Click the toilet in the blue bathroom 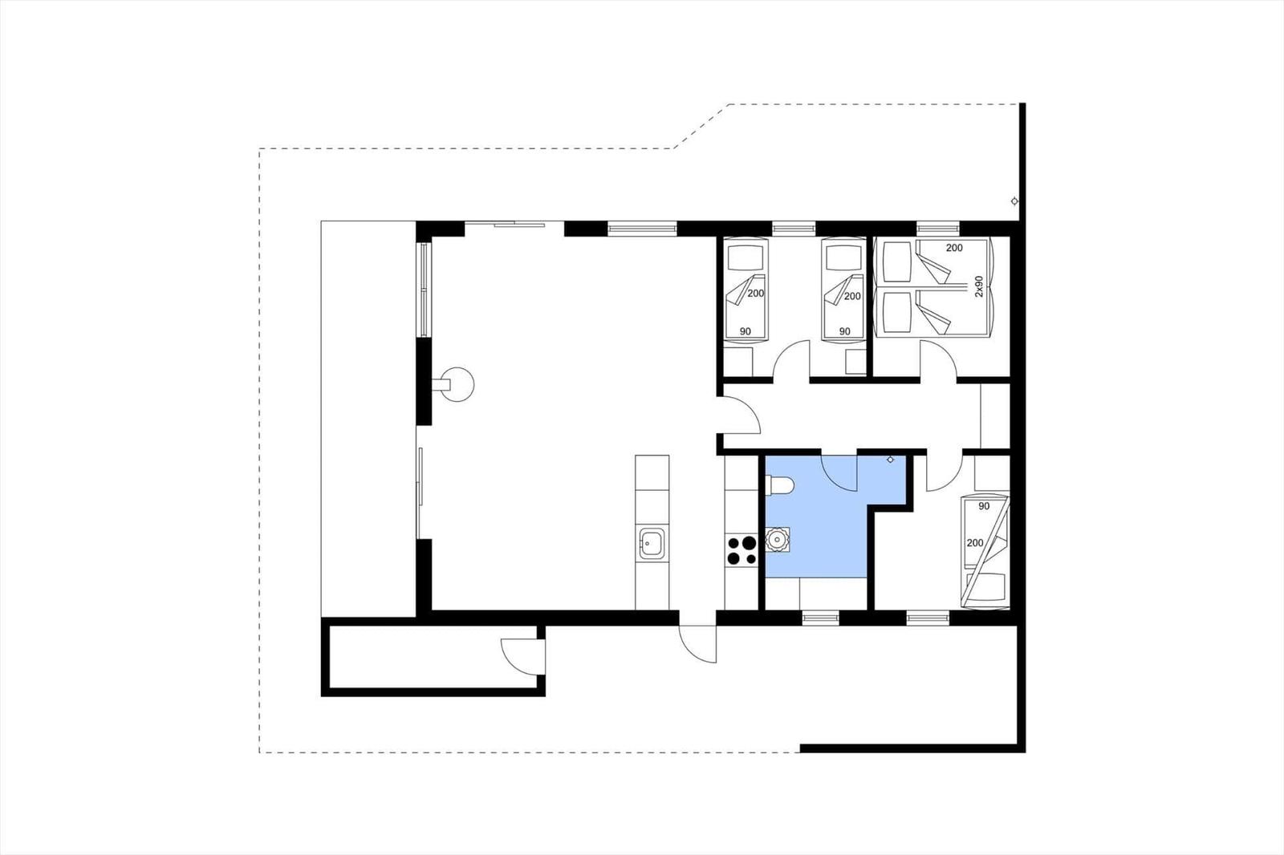click(x=779, y=486)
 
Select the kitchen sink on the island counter click(x=652, y=543)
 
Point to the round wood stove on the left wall click(x=456, y=384)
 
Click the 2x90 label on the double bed click(x=978, y=286)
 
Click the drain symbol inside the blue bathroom click(x=890, y=460)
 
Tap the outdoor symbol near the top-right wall click(x=1014, y=201)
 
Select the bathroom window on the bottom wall click(x=820, y=617)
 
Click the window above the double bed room click(x=938, y=228)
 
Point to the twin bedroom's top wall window click(x=794, y=228)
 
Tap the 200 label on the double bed click(x=954, y=248)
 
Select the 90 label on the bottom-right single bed click(x=984, y=506)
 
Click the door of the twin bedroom click(x=791, y=361)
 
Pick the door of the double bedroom click(x=938, y=361)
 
